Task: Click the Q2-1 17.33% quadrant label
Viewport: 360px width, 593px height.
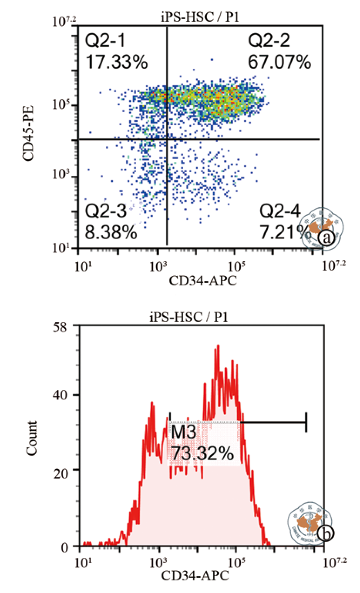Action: (x=116, y=52)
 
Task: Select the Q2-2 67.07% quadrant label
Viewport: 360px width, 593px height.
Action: (x=279, y=52)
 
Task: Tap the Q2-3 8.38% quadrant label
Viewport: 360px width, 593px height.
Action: (x=111, y=221)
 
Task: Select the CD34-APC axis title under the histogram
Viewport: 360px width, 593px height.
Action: (x=195, y=576)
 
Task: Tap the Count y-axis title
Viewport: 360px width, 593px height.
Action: (x=31, y=438)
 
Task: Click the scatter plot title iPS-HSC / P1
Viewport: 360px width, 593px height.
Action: (x=199, y=17)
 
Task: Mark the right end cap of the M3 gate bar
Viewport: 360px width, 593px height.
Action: (x=306, y=422)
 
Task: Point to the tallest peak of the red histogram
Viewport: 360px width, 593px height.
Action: (x=218, y=346)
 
